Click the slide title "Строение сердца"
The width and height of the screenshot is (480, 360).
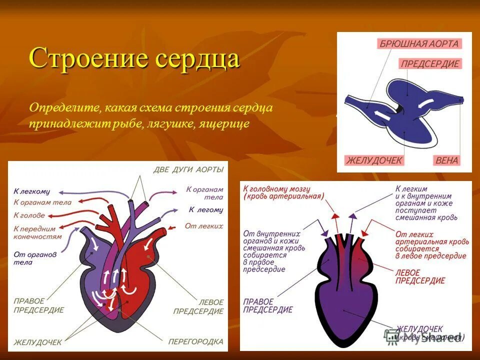(134, 59)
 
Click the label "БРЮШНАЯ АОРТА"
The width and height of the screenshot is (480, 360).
(419, 43)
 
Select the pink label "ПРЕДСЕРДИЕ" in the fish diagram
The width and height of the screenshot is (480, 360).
(430, 64)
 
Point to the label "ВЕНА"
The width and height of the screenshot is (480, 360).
(446, 160)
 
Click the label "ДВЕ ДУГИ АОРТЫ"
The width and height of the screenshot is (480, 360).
(188, 170)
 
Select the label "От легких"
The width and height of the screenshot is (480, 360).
(203, 226)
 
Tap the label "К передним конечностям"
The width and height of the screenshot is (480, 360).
(37, 232)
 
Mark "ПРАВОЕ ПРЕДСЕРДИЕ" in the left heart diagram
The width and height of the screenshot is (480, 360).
(38, 305)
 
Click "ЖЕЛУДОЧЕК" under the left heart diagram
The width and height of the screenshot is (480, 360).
(38, 342)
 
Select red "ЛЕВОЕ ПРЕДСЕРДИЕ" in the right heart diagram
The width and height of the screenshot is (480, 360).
(419, 276)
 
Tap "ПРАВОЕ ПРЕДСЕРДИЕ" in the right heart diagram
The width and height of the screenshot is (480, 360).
(268, 305)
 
